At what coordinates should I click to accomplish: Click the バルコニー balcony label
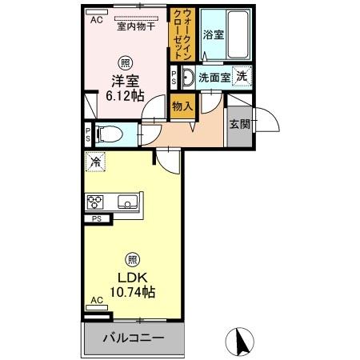[133, 338]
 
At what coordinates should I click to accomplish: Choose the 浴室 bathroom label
[213, 35]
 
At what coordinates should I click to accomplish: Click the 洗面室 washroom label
[214, 78]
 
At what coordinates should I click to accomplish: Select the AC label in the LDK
[97, 300]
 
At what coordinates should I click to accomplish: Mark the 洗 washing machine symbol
[242, 78]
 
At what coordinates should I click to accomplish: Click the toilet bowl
[110, 134]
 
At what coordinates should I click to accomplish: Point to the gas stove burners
[96, 201]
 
